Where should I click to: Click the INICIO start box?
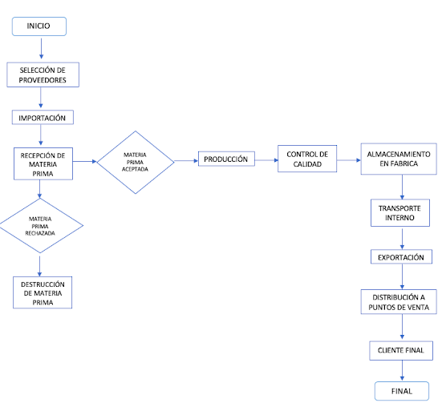coord(39,26)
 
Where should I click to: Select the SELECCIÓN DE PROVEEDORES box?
coord(43,75)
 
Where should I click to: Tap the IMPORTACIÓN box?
coord(43,117)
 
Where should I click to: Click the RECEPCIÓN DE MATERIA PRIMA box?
coord(43,163)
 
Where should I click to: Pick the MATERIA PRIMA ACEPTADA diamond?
coord(136,162)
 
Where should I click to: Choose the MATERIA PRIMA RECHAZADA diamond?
coord(41,226)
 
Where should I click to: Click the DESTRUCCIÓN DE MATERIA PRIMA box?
coord(43,292)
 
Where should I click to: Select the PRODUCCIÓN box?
coord(226,159)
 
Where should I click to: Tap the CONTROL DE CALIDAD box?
coord(307,159)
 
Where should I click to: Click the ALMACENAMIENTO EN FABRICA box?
coord(399,159)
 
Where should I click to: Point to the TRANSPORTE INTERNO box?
coord(400,213)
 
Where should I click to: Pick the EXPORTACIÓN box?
coord(401,256)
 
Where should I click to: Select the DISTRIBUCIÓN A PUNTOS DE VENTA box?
coord(399,302)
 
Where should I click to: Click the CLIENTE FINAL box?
coord(401,351)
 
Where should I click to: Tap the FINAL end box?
coord(402,391)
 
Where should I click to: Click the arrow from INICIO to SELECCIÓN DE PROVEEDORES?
coord(42,49)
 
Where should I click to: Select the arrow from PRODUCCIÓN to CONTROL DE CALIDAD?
coord(267,160)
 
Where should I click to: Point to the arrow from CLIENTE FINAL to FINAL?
coord(402,370)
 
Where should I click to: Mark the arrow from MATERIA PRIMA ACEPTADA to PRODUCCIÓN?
coord(186,161)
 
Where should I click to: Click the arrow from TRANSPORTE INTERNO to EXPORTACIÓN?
coord(402,239)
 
